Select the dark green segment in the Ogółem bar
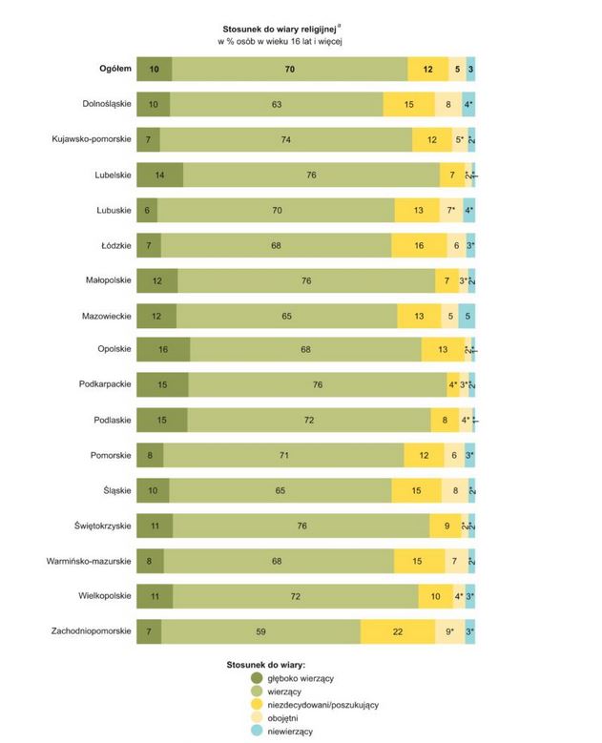[155, 69]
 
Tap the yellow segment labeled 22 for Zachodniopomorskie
[398, 631]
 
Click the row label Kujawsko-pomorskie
[92, 139]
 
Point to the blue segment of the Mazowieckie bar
[467, 315]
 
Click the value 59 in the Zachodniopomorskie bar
[261, 631]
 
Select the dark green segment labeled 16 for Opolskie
[163, 350]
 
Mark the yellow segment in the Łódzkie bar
[419, 245]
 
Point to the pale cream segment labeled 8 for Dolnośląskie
[447, 104]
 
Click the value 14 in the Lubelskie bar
[159, 175]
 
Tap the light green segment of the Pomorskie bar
[283, 456]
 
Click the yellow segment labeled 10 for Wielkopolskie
[435, 596]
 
